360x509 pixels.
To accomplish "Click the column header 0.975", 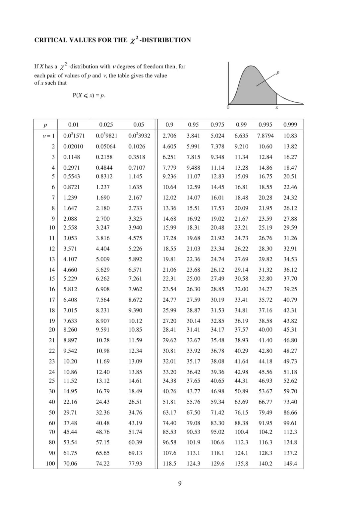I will point(217,125).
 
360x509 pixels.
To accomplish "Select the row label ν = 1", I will point(49,136).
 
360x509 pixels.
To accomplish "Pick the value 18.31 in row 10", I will point(193,228).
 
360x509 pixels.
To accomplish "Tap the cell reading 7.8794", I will point(265,136).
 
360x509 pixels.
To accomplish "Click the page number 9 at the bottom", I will point(180,483).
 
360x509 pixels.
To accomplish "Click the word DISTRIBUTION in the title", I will point(166,40).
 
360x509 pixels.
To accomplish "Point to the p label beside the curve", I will point(278,72).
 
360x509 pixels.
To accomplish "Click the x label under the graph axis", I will point(277,108).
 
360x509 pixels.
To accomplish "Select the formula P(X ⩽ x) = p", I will point(89,95).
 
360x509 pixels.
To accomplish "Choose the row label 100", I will point(50,464).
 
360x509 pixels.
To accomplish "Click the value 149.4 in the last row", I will point(290,464).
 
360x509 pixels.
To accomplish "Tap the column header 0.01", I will point(73,125).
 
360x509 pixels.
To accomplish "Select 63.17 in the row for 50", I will point(169,413).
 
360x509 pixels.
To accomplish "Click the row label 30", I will point(52,391).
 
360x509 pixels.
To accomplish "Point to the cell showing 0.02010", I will point(73,146).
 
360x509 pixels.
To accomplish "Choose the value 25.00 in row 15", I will point(193,279).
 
